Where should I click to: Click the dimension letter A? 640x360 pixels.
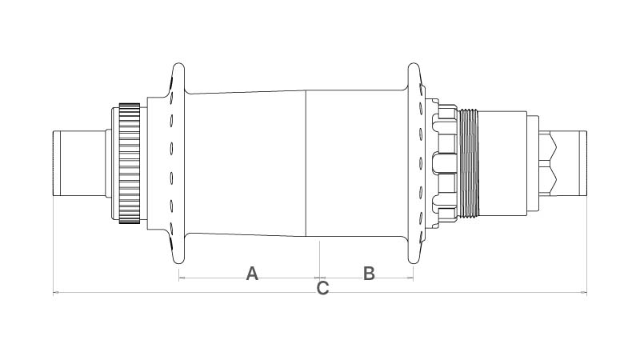pyautogui.click(x=252, y=274)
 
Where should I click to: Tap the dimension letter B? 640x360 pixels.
pyautogui.click(x=369, y=274)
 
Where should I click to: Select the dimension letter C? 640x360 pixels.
pyautogui.click(x=322, y=288)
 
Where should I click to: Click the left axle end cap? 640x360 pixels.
pyautogui.click(x=79, y=163)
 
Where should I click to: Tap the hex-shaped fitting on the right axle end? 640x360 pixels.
pyautogui.click(x=548, y=163)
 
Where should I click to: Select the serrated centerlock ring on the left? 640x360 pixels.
pyautogui.click(x=130, y=163)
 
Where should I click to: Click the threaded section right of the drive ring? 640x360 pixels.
pyautogui.click(x=468, y=163)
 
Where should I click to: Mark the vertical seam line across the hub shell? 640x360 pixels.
pyautogui.click(x=306, y=163)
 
